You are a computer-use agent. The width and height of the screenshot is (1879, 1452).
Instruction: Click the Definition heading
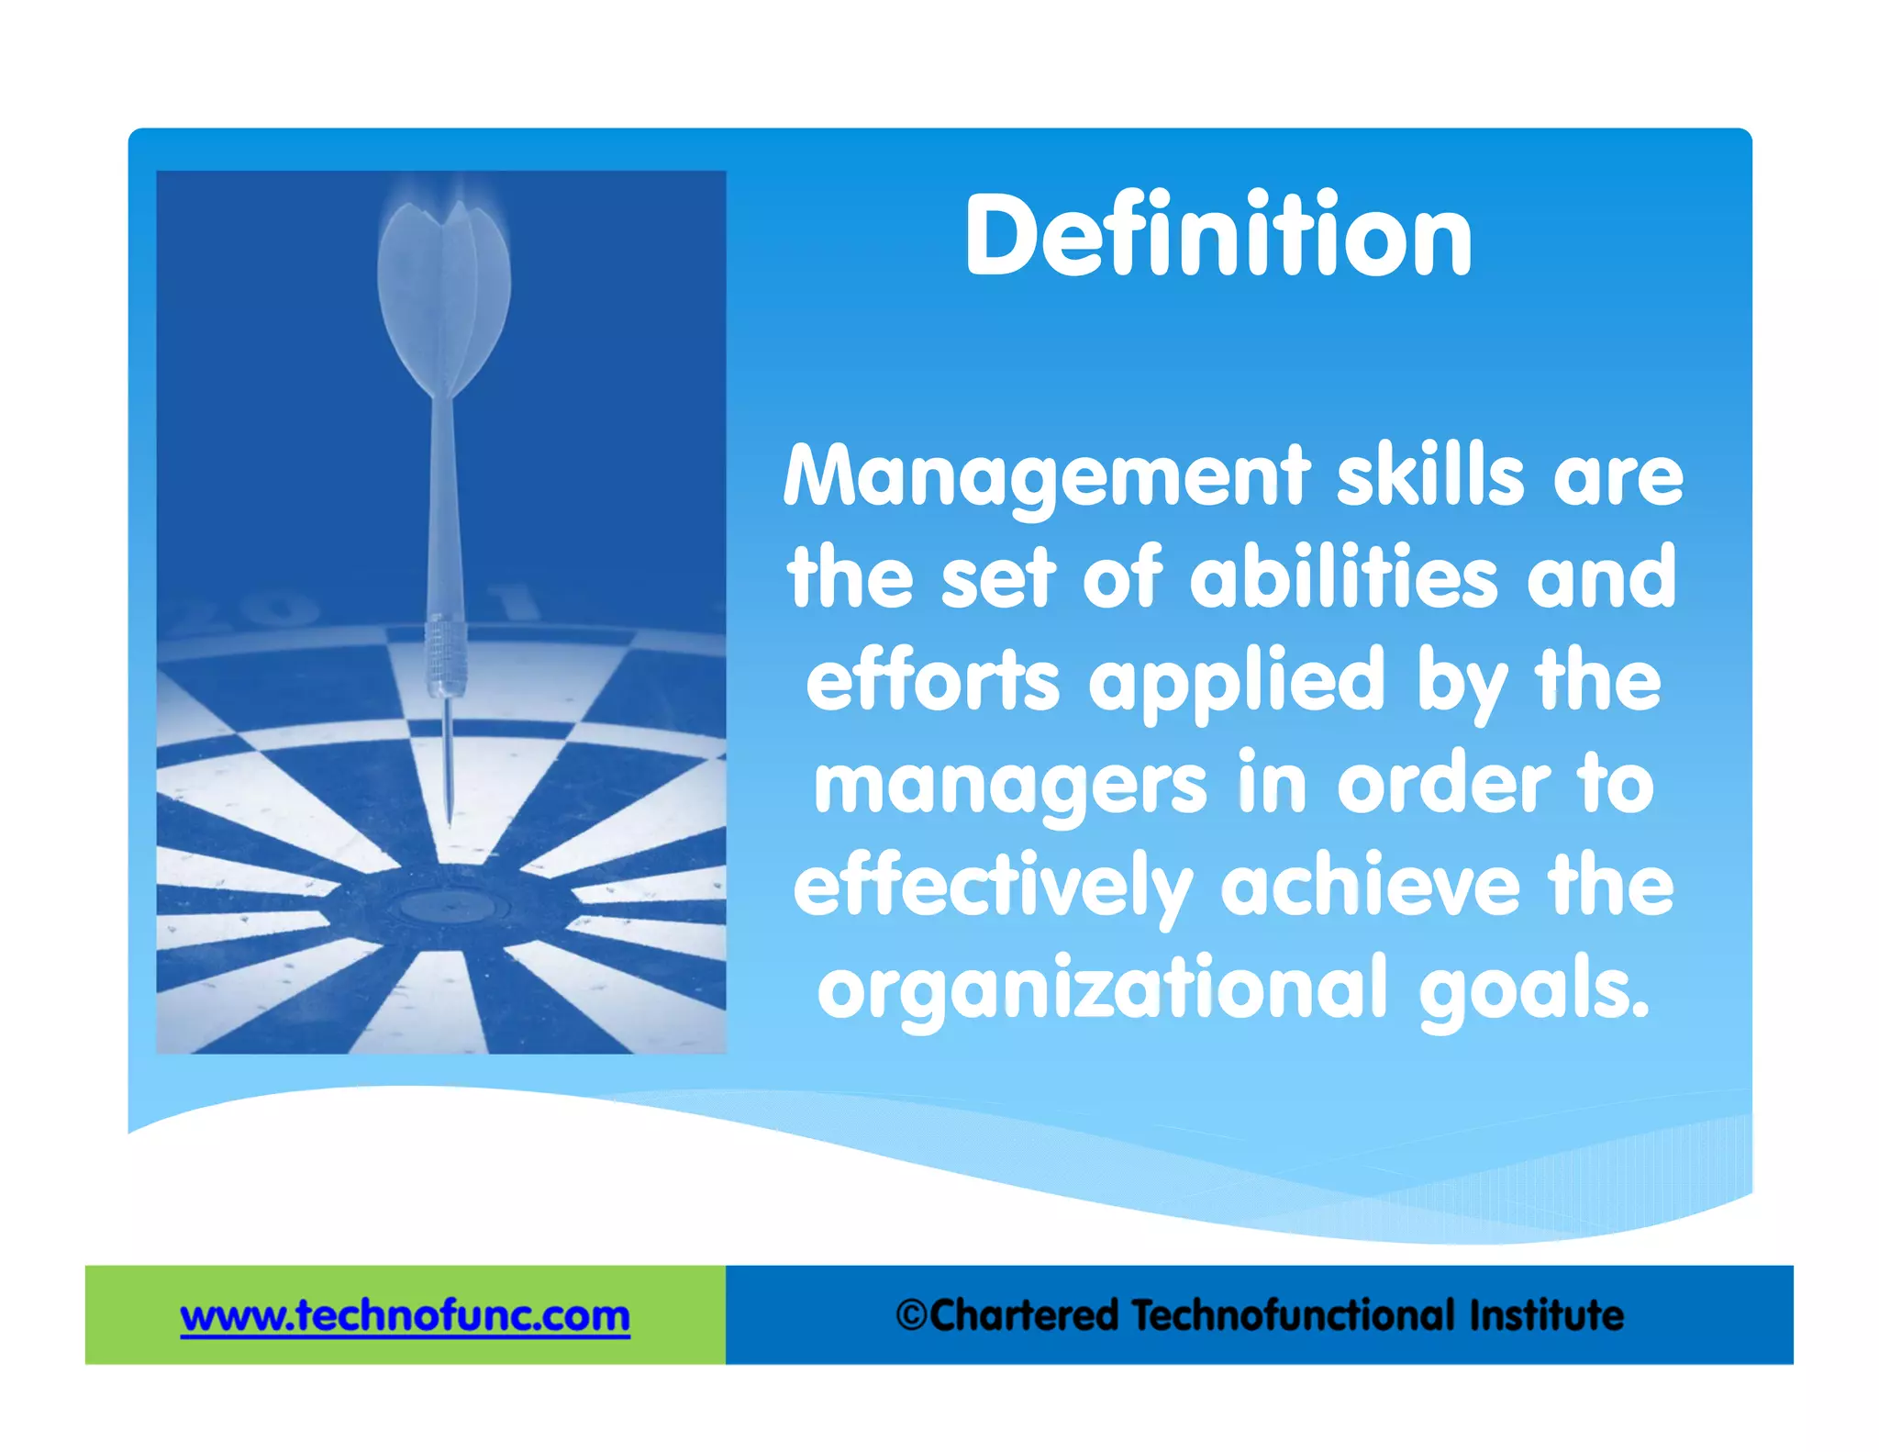pos(1217,236)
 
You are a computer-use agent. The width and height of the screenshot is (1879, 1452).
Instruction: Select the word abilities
pos(1343,577)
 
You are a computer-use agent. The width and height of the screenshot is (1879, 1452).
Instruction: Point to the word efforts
pos(932,681)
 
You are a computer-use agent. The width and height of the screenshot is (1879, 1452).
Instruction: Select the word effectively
pos(993,888)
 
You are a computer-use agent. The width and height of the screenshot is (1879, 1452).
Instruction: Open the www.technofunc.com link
pos(405,1316)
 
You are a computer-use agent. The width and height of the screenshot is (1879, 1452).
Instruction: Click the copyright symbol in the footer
pos(912,1315)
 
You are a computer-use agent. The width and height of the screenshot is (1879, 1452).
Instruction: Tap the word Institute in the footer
pos(1546,1315)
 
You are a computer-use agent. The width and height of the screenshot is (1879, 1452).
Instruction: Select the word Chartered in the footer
pos(1024,1315)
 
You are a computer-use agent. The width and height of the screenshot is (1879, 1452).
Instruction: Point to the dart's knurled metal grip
pos(446,657)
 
